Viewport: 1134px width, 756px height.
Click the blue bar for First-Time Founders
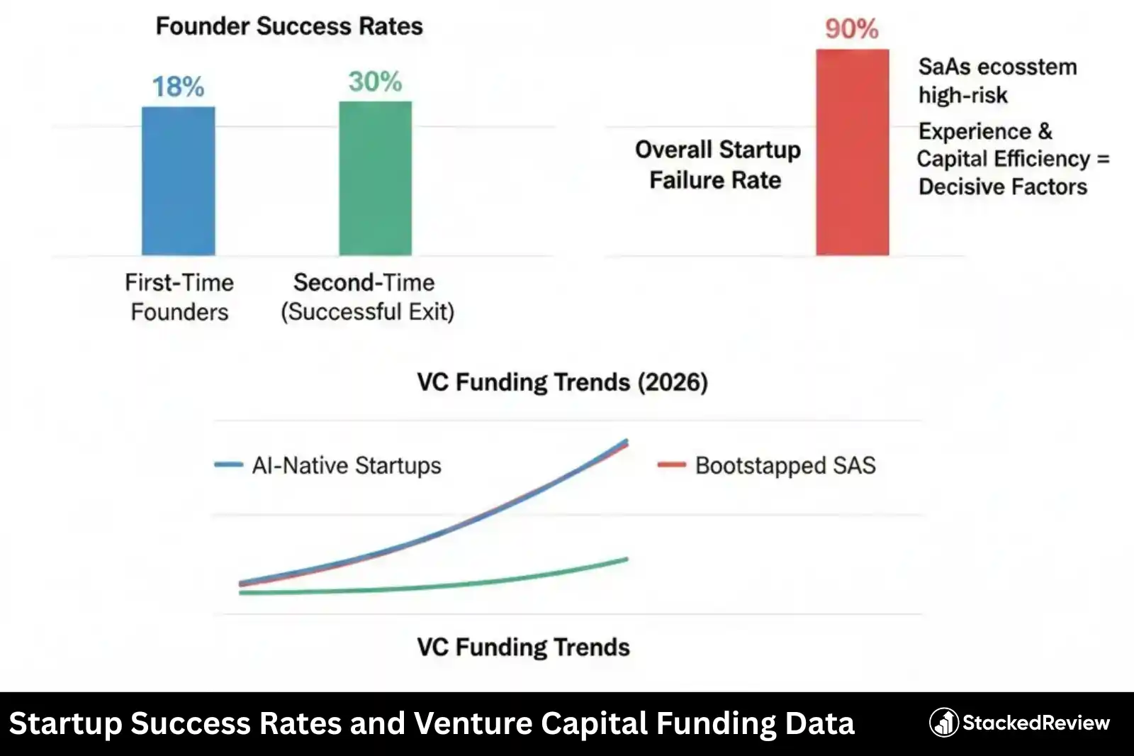178,181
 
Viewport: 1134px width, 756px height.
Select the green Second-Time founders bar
375,178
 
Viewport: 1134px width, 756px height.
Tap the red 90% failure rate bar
852,152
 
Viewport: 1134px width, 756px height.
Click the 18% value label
178,87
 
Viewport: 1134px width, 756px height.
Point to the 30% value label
375,82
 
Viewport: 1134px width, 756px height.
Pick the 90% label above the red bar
851,29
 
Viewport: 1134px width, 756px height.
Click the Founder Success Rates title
289,26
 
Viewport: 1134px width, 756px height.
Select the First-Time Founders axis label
179,297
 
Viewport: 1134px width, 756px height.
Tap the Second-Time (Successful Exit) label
366,297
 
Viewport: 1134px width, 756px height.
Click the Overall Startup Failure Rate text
717,165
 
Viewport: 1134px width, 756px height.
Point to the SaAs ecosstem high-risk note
997,81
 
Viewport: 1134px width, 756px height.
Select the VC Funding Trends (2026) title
562,382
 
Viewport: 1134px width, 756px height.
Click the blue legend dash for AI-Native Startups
228,465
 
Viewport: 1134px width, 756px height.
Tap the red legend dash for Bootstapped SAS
671,465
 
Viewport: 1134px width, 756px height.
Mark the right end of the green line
627,560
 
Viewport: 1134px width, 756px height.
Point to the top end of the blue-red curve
627,442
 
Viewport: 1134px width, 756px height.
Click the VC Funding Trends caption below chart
523,647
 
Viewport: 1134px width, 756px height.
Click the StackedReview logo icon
944,723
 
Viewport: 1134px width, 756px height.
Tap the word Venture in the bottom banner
473,723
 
